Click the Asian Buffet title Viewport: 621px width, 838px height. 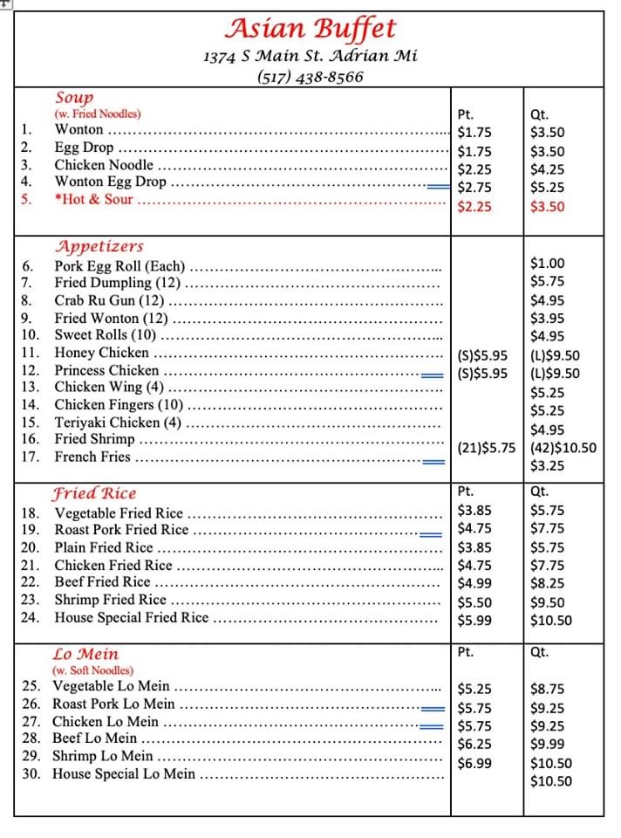tap(310, 29)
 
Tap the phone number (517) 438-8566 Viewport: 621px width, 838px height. tap(310, 77)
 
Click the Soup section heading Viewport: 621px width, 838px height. tap(74, 98)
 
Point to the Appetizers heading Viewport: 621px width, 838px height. tap(99, 246)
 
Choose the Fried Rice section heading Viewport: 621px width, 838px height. tap(95, 493)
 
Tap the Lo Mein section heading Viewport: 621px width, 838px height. tap(85, 654)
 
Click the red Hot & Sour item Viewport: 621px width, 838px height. tap(93, 200)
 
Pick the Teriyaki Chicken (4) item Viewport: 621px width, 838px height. tap(118, 422)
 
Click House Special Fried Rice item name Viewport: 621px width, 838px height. tap(132, 618)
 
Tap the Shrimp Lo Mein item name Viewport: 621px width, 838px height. tap(102, 756)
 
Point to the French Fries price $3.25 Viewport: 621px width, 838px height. tap(547, 466)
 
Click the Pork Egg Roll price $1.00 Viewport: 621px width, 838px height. tap(547, 263)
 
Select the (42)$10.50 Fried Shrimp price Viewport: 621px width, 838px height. tap(563, 448)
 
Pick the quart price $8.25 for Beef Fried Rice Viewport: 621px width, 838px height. tap(547, 583)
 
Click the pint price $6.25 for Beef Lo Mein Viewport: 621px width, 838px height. tap(474, 744)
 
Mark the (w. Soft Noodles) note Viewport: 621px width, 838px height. tap(93, 670)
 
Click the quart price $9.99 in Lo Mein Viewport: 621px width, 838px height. tap(547, 744)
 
